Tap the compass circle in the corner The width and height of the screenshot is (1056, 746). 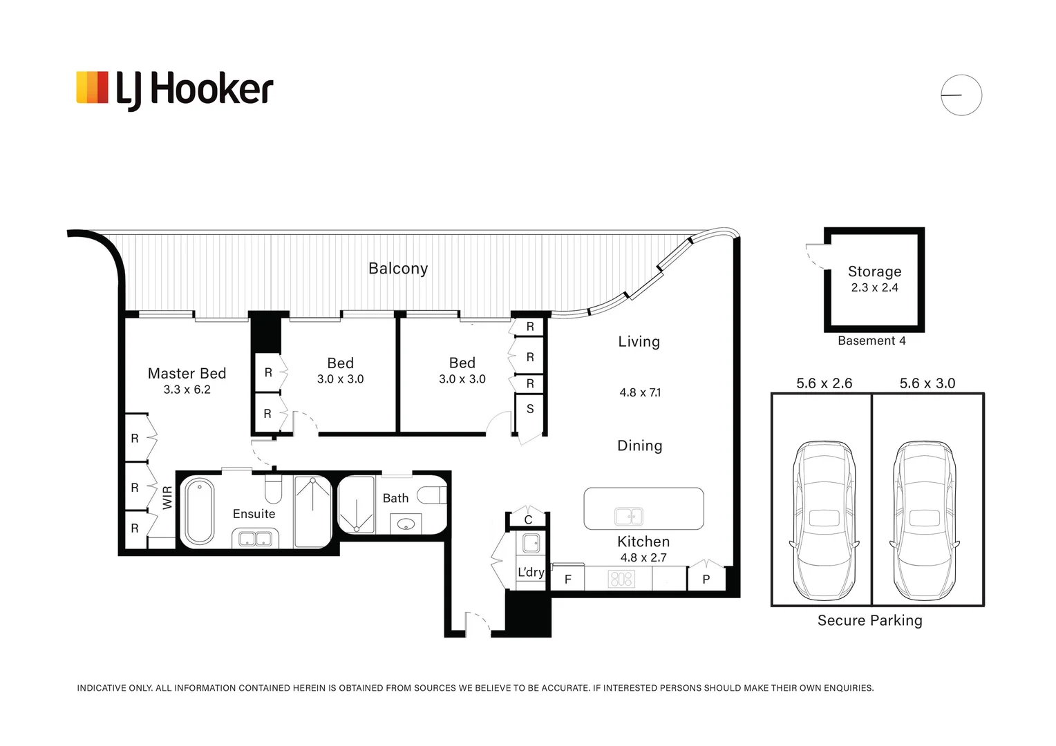[961, 95]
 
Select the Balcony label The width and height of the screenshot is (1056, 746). [398, 269]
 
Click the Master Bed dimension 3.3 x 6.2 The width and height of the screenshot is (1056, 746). [187, 390]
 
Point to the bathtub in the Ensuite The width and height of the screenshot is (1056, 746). [200, 512]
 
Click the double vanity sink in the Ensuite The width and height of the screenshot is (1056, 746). [255, 539]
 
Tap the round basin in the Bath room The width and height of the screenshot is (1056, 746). [406, 524]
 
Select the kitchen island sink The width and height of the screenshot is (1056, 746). [629, 517]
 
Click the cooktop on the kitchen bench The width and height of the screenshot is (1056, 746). [622, 579]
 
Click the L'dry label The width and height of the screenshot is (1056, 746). [531, 572]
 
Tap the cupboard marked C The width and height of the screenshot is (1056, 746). [528, 519]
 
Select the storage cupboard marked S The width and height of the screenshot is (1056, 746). [530, 409]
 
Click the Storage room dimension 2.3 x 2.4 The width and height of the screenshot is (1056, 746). [874, 287]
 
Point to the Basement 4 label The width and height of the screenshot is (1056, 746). [871, 341]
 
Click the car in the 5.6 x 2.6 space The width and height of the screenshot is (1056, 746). [824, 521]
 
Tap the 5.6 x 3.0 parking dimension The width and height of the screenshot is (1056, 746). [927, 383]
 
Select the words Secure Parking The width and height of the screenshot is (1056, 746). [870, 621]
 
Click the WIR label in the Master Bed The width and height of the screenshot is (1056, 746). [167, 497]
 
